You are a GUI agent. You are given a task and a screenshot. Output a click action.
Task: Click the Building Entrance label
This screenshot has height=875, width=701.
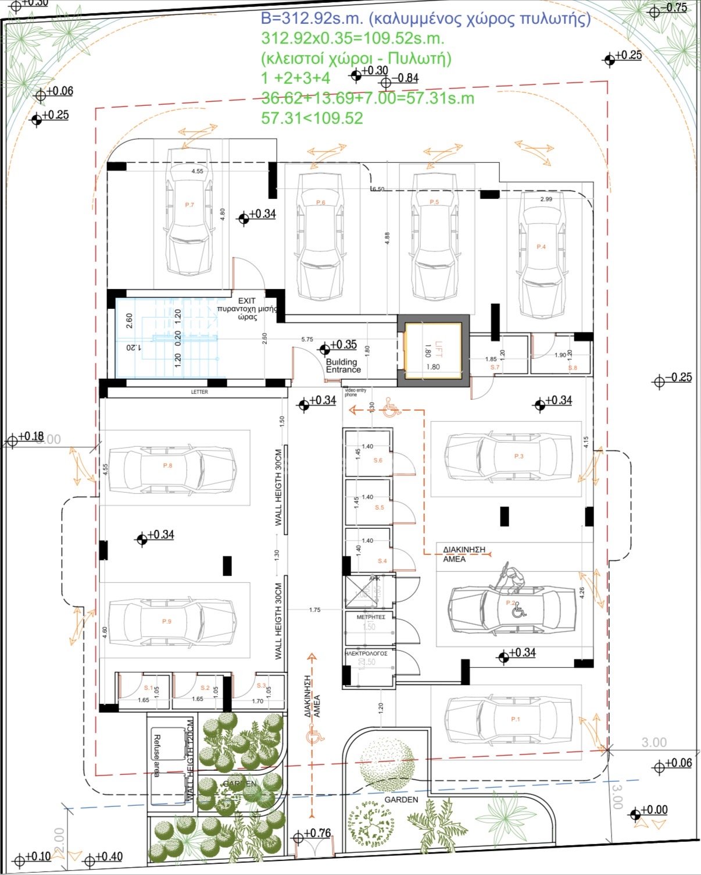(x=343, y=366)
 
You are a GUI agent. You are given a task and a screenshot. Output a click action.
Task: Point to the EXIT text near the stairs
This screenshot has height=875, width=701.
(x=247, y=301)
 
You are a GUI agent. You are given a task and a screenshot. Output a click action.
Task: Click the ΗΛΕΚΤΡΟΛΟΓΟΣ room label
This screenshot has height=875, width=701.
(x=366, y=654)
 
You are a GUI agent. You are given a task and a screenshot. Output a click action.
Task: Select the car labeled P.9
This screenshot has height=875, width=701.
(x=173, y=621)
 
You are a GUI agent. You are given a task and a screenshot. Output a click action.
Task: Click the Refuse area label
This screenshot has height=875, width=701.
(x=156, y=756)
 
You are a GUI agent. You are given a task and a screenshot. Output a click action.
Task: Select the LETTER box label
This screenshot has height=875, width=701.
(x=199, y=392)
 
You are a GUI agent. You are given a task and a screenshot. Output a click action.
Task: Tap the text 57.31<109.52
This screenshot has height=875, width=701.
(x=312, y=118)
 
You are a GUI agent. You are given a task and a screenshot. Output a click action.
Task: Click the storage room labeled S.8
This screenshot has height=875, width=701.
(x=561, y=355)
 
